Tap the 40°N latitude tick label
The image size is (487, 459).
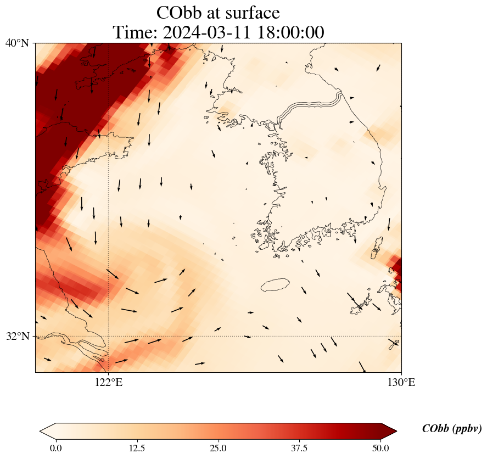click(x=17, y=43)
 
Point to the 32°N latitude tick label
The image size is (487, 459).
click(x=17, y=336)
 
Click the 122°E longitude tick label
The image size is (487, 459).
click(x=109, y=383)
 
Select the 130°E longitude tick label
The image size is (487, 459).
click(x=401, y=383)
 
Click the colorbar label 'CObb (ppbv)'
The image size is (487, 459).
click(x=452, y=429)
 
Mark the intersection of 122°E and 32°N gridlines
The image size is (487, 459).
click(x=109, y=336)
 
